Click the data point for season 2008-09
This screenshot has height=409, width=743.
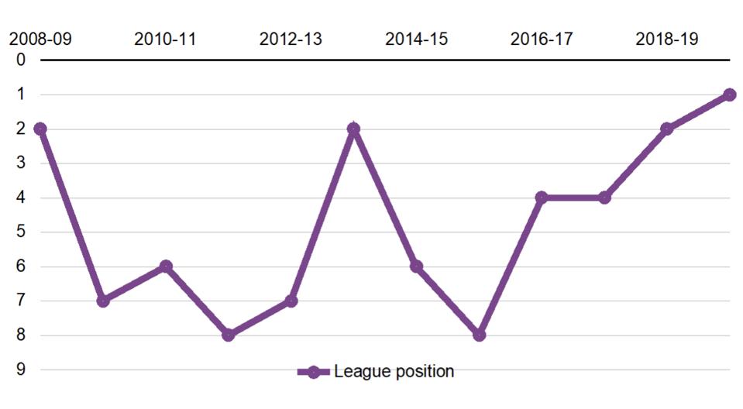(x=40, y=129)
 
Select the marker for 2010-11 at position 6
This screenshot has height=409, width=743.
(x=165, y=266)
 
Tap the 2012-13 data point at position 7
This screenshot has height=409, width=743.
(x=291, y=301)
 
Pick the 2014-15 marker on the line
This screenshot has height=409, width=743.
(x=416, y=266)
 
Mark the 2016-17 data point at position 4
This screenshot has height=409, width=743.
(x=542, y=198)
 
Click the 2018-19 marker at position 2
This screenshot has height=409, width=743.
(x=666, y=129)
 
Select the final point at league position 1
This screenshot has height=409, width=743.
(x=729, y=95)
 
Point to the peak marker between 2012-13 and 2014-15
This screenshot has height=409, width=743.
(x=353, y=129)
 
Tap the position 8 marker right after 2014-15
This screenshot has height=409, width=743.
(x=479, y=335)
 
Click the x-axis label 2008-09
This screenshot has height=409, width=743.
(x=40, y=39)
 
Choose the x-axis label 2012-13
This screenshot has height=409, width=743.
(x=291, y=39)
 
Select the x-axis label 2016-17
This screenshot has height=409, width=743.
(x=542, y=39)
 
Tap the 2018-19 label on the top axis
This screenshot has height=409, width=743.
(x=666, y=39)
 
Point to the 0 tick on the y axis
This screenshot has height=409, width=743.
(x=21, y=60)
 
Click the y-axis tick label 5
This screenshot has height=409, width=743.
(x=21, y=232)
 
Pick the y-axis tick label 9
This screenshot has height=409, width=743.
(x=21, y=369)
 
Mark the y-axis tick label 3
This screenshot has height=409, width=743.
(x=21, y=163)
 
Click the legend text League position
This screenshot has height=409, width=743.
(x=394, y=372)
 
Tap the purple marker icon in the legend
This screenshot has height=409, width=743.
(x=313, y=372)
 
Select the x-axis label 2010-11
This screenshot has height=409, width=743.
(x=165, y=39)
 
